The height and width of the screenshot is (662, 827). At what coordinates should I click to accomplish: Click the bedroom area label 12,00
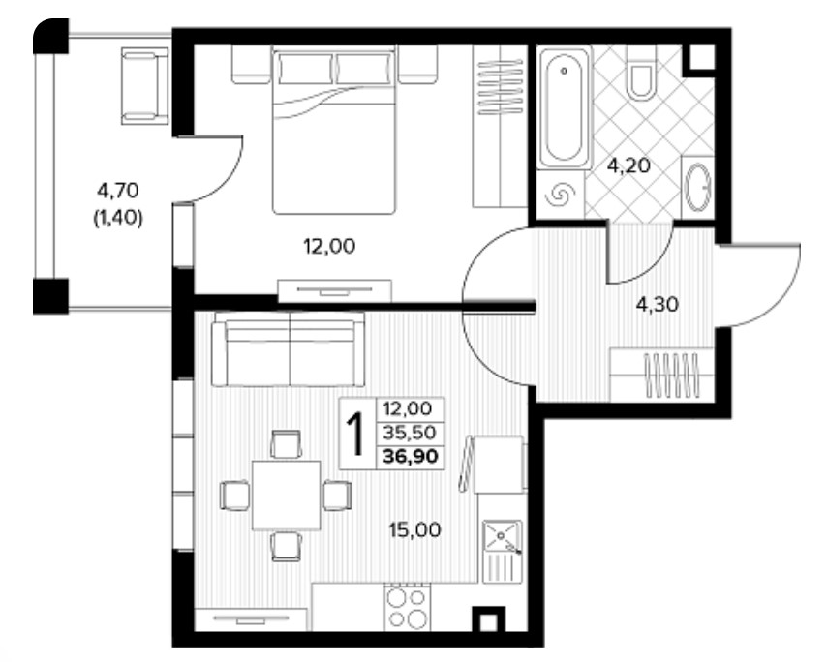click(329, 246)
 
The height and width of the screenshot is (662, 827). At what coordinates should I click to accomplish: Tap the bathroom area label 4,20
click(628, 166)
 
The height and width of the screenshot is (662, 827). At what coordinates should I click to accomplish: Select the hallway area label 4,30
click(658, 304)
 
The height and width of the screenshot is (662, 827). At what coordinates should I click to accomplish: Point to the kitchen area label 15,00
click(414, 529)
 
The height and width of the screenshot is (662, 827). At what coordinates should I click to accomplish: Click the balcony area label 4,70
click(118, 190)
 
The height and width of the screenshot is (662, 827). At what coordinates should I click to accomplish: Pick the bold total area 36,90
click(411, 456)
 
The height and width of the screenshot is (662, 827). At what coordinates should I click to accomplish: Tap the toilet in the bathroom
click(641, 74)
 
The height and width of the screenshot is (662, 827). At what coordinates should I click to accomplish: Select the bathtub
click(564, 107)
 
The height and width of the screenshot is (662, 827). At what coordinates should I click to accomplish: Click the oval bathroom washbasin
click(698, 188)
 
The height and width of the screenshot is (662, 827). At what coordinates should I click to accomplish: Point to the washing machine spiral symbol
click(559, 196)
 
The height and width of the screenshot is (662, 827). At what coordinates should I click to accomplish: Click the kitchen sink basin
click(502, 537)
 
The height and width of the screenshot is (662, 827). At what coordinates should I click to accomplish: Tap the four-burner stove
click(406, 607)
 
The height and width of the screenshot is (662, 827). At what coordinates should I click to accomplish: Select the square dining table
click(287, 496)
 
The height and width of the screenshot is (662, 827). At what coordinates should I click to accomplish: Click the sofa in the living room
click(288, 349)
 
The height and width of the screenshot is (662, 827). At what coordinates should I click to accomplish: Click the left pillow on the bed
click(306, 68)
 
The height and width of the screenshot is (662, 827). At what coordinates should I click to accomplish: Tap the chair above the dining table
click(286, 444)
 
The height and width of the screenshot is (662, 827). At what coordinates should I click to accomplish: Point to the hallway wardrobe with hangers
click(661, 374)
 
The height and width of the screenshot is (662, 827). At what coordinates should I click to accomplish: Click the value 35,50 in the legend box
click(410, 433)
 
